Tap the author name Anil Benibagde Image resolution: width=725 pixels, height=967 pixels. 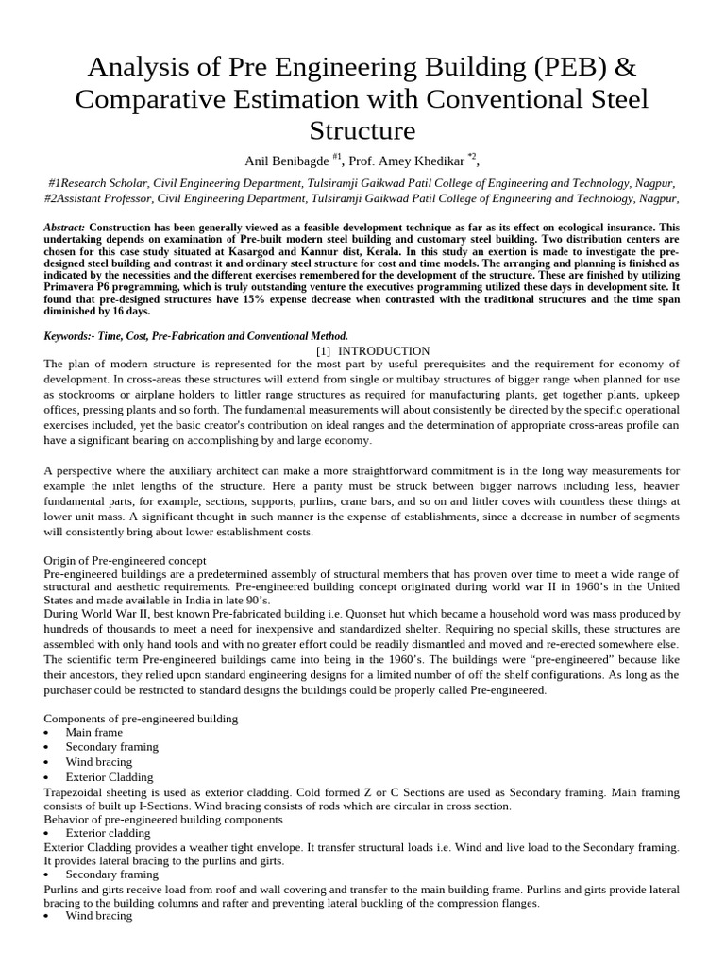pyautogui.click(x=282, y=160)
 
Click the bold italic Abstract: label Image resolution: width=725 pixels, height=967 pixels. pyautogui.click(x=65, y=229)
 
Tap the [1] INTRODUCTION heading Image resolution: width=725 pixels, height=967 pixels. pyautogui.click(x=373, y=350)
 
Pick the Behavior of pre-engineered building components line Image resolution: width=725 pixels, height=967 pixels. pyautogui.click(x=160, y=820)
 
